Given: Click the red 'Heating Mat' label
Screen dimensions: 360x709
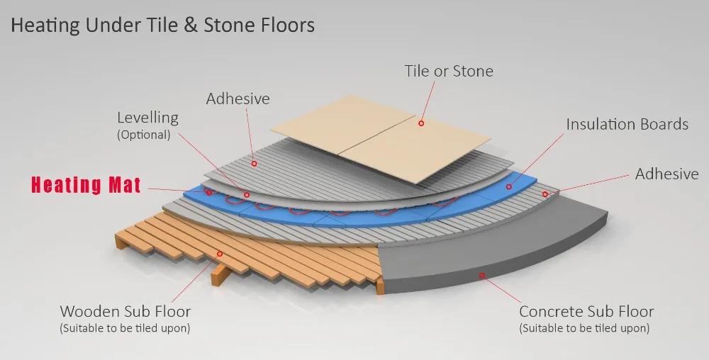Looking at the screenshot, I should coord(85,186).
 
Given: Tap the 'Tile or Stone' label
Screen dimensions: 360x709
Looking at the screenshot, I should coord(449,71).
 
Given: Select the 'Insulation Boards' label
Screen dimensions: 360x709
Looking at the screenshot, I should coord(627,125).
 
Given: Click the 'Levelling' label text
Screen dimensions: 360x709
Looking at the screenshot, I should coord(147,118).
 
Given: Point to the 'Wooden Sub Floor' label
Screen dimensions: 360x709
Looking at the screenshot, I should coord(125,311).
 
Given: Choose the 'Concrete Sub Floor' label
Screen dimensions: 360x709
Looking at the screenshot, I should coord(586,312).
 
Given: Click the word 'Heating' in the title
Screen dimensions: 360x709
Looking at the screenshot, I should coord(45,26).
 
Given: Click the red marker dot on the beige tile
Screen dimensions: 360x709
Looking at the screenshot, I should coord(420,123).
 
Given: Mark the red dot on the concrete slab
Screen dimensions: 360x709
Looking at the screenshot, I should coord(482,274).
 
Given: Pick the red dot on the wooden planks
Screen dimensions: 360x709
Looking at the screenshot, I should coord(220,253).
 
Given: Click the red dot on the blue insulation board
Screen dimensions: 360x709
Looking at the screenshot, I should coord(509,186).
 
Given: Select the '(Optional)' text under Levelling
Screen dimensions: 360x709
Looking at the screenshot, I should coord(143,135).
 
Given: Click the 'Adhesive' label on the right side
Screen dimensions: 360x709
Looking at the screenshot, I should coord(666,174).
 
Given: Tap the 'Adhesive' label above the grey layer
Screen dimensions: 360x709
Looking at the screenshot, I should coord(238,99).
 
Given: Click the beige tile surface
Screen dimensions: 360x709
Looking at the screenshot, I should coord(383,142).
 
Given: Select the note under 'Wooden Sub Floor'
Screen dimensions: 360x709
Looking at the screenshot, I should coord(125,328).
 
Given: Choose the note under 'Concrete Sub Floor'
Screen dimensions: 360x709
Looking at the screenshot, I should coord(585,328).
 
